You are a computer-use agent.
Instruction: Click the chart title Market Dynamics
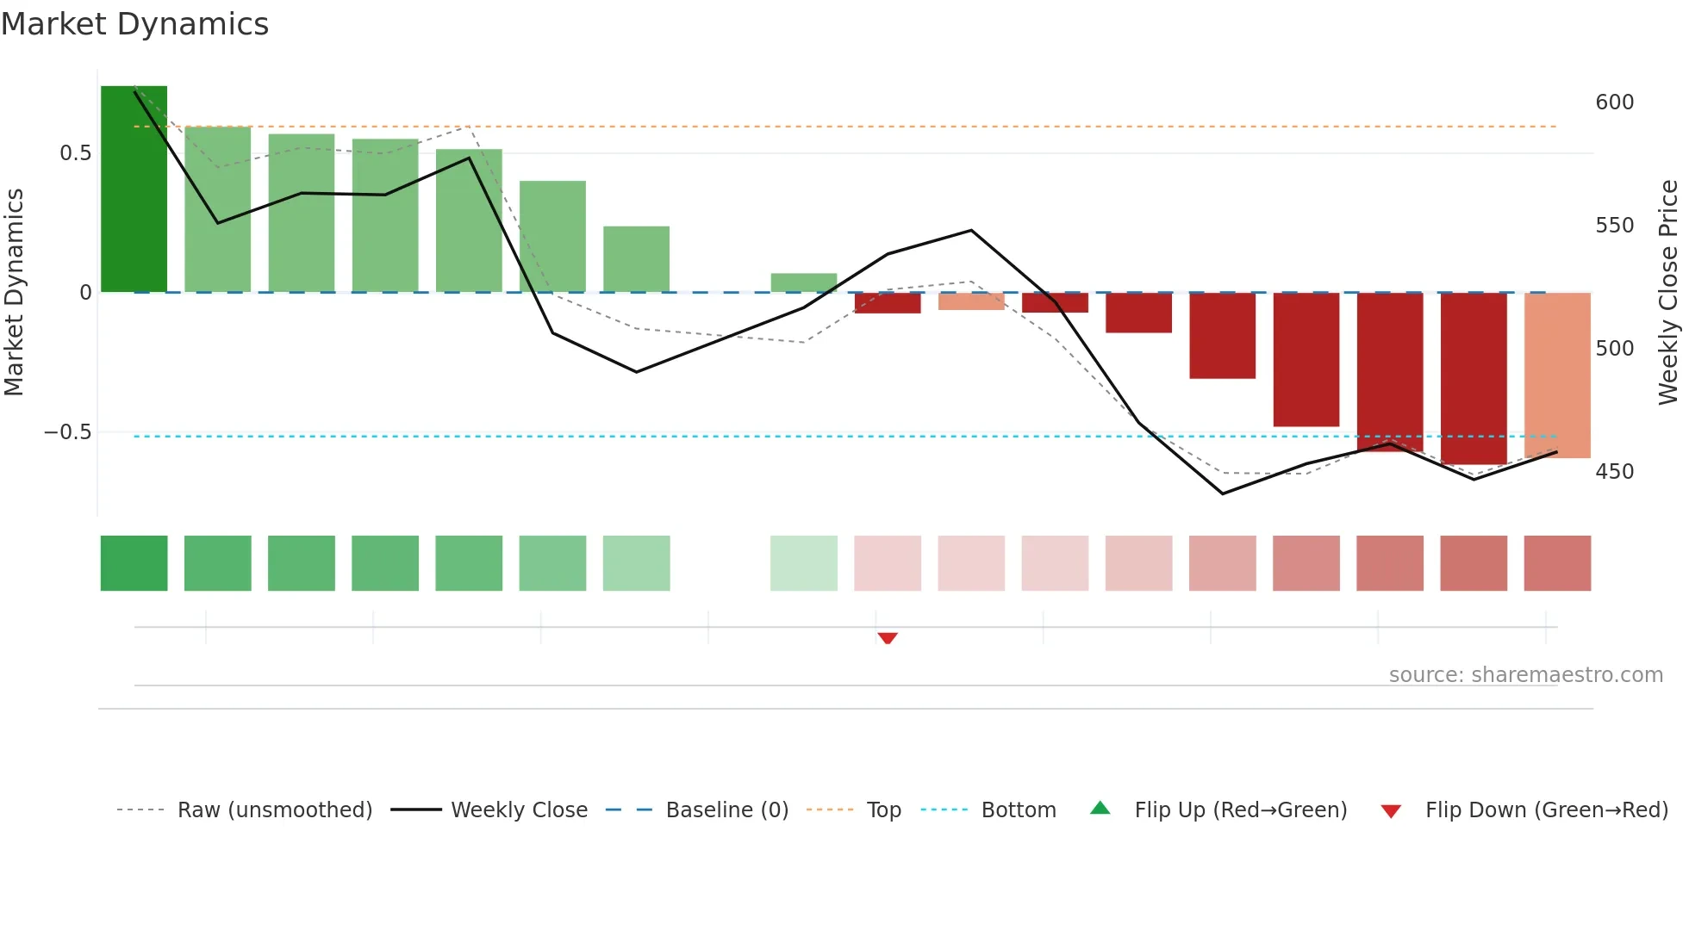(134, 24)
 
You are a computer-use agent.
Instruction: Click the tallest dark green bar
(134, 189)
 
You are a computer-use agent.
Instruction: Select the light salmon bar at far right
(1557, 375)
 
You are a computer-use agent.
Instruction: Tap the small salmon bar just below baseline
(971, 301)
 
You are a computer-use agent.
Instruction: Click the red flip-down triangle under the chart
(888, 638)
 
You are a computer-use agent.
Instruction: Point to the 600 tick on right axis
(1614, 102)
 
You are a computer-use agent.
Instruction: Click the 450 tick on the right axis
(1614, 472)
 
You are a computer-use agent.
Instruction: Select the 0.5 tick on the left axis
(75, 153)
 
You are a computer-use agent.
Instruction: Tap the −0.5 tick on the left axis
(68, 432)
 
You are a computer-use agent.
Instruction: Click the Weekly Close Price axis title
(1668, 293)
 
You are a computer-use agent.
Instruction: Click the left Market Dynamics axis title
(14, 293)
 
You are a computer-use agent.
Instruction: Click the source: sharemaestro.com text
(1525, 675)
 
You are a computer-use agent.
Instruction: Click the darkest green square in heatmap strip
(134, 563)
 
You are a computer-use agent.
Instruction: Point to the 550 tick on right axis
(1614, 226)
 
